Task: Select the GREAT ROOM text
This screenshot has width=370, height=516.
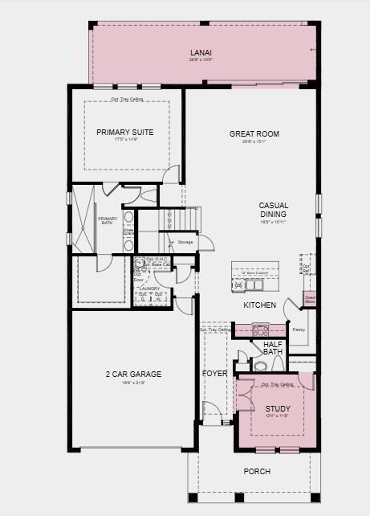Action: (254, 133)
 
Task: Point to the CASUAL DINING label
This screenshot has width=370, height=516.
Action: (273, 210)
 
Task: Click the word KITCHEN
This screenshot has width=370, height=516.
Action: (260, 305)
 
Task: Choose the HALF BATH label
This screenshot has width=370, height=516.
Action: (273, 347)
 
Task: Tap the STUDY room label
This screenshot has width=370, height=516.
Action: (278, 409)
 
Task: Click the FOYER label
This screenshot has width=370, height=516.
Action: (214, 374)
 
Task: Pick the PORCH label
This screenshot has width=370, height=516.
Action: (257, 472)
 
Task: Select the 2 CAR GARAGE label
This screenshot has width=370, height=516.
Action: (133, 374)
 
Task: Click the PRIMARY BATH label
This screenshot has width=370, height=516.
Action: (108, 221)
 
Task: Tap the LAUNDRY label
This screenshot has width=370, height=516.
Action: (149, 288)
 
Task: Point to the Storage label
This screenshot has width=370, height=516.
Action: (185, 241)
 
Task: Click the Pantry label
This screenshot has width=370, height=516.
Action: (299, 330)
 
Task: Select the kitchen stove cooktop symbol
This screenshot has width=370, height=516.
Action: (261, 330)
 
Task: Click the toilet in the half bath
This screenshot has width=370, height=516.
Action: (260, 366)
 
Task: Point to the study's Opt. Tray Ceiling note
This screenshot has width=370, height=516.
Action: (277, 384)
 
